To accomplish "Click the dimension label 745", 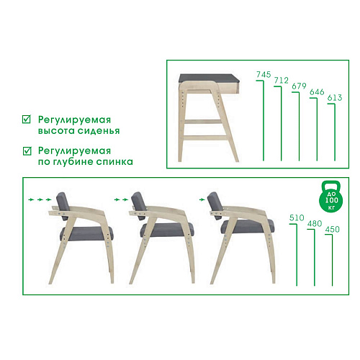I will point(263,75).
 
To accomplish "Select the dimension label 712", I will point(282,81).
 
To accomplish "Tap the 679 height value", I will point(299,87).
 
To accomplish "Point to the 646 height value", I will point(317,94).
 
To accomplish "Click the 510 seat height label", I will point(295,217).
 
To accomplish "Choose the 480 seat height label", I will point(313,223).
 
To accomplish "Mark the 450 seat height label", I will point(332,230).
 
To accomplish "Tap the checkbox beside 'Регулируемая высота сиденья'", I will point(27,119).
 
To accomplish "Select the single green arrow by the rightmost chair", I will point(203,196).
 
